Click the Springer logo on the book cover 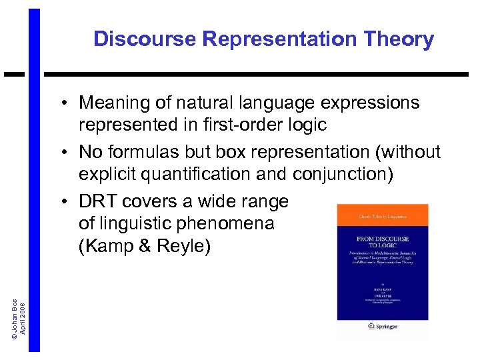[x=383, y=327]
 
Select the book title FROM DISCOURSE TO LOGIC [x=382, y=242]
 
